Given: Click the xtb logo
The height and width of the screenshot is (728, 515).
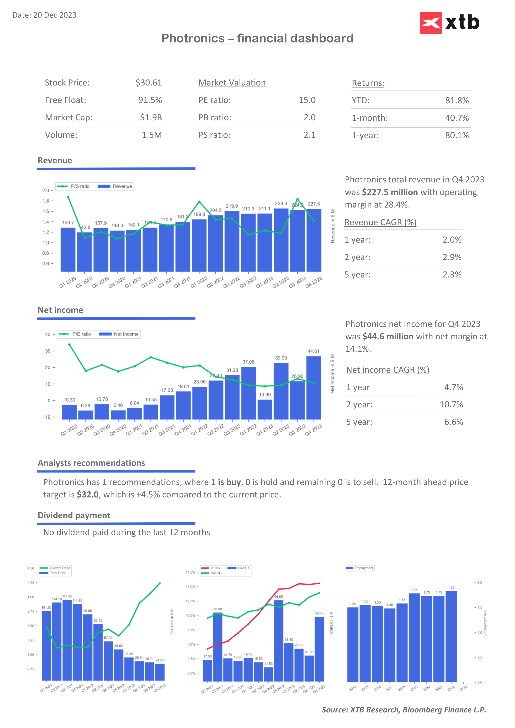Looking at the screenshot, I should coord(449,23).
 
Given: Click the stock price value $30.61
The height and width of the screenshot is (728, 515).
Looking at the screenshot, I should coord(148,83).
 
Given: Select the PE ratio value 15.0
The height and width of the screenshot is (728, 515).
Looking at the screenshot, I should coord(307,100).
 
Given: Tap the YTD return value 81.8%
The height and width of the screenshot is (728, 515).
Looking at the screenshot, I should coord(457,100).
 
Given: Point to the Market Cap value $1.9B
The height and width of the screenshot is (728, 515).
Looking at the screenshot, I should coord(151,118).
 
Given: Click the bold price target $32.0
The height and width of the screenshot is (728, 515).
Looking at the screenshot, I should coord(88,495).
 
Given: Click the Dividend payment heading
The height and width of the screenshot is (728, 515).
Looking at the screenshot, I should coord(74,515).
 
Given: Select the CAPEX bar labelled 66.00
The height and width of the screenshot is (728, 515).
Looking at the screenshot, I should coord(278,640).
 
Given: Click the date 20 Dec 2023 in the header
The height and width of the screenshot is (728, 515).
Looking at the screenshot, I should coord(55,15).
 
